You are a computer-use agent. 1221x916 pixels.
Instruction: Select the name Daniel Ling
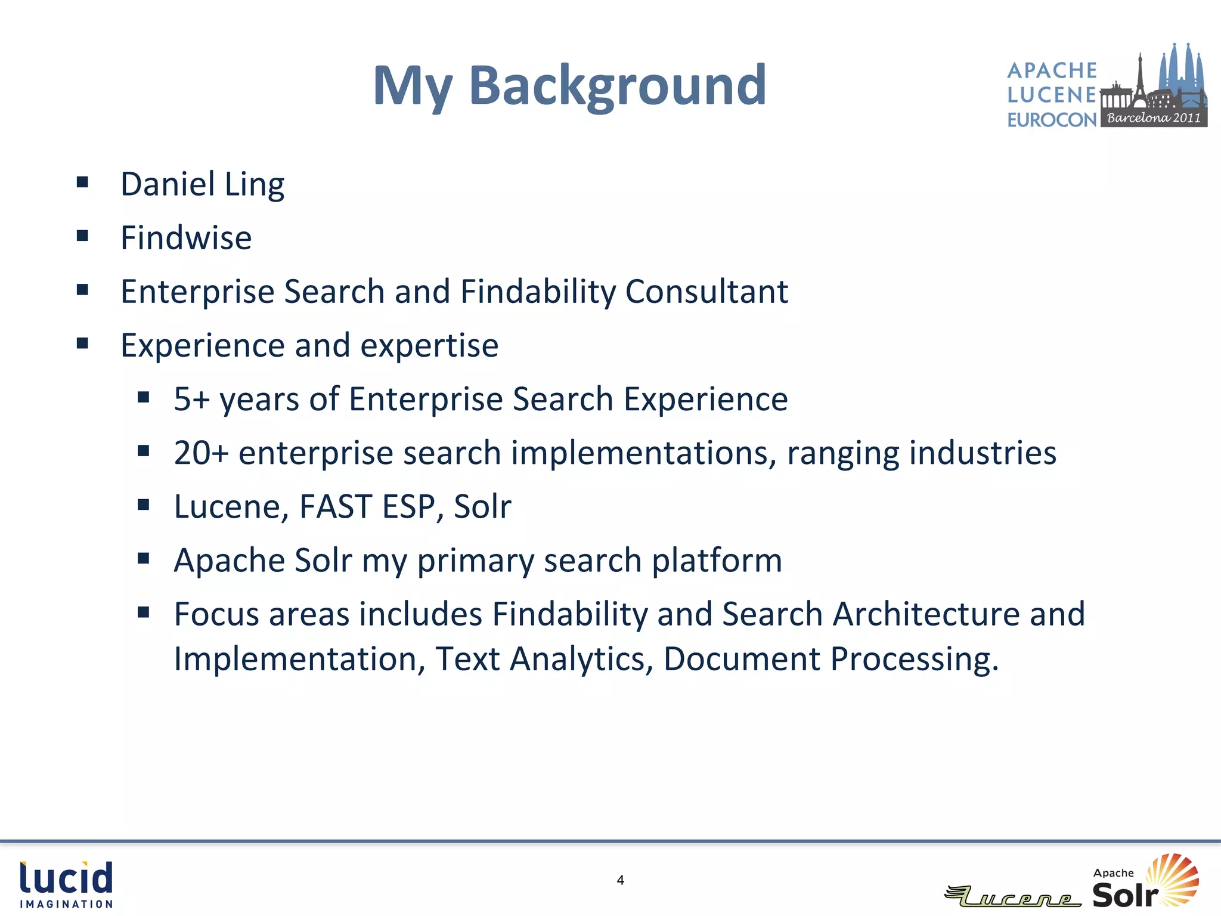tap(202, 184)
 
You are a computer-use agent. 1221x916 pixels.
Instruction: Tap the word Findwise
tap(186, 238)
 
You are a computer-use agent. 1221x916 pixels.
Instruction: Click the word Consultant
tap(706, 292)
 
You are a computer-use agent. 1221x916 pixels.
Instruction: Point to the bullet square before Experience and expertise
tap(82, 343)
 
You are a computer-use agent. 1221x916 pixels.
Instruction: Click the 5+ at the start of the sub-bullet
tap(191, 399)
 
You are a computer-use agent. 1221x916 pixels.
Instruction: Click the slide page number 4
tap(620, 880)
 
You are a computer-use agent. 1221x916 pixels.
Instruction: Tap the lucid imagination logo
tap(66, 884)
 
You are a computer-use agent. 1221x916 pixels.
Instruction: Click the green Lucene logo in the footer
tap(1012, 896)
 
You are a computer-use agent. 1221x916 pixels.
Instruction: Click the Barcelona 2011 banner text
tap(1154, 118)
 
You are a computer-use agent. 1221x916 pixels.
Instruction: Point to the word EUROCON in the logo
tap(1052, 120)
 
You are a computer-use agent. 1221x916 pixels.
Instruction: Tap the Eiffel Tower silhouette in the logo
tap(1139, 81)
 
